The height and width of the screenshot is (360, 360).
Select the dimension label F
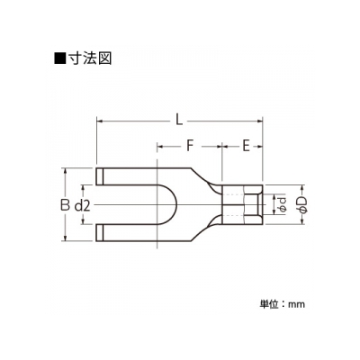(x=189, y=147)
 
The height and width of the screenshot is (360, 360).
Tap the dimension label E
(x=246, y=147)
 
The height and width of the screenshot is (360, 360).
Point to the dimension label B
(x=64, y=205)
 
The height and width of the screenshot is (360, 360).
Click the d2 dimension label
(x=82, y=205)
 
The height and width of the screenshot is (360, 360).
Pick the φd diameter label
(x=282, y=204)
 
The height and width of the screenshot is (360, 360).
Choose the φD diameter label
(x=303, y=204)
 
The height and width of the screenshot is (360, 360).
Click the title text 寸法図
(x=90, y=58)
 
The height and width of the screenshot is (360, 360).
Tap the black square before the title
(x=59, y=58)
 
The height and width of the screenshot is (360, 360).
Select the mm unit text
(x=296, y=305)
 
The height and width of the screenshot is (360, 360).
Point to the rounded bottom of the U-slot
(x=176, y=204)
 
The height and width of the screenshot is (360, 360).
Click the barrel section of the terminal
(x=242, y=204)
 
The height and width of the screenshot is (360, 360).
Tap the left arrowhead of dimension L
(x=99, y=121)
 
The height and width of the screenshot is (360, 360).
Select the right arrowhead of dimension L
(x=259, y=121)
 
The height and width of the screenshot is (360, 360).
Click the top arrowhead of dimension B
(x=66, y=171)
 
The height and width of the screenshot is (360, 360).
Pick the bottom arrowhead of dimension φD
(x=303, y=221)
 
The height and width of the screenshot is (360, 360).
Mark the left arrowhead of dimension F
(x=160, y=147)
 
